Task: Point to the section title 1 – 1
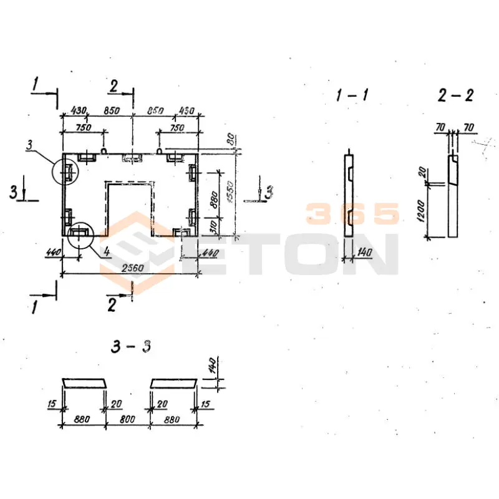click(x=352, y=95)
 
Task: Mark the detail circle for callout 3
click(x=67, y=170)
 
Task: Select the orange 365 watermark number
click(x=352, y=214)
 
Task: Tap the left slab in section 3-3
click(x=84, y=382)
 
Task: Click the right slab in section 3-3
click(x=173, y=382)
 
